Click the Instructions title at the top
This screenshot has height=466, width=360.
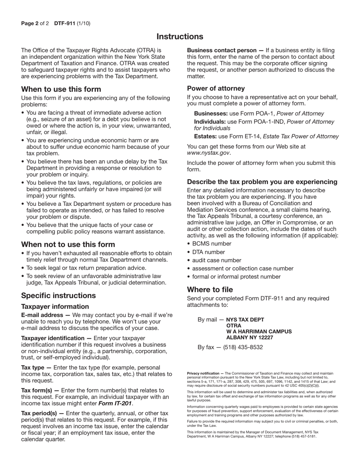(x=180, y=37)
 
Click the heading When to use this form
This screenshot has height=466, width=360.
(x=61, y=89)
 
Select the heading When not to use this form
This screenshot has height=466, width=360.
(x=68, y=244)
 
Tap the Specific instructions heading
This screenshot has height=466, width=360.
(x=58, y=296)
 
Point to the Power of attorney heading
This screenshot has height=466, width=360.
(x=216, y=88)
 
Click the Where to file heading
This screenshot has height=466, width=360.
(x=210, y=290)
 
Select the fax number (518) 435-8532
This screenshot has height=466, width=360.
(x=243, y=347)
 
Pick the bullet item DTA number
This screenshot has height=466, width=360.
(x=208, y=252)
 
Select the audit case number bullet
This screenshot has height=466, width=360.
(x=217, y=260)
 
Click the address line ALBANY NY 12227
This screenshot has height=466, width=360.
(x=249, y=338)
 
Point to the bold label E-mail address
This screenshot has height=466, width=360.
(x=42, y=315)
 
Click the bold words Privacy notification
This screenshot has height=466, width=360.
(x=203, y=374)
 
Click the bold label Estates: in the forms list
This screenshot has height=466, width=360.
(x=205, y=136)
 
